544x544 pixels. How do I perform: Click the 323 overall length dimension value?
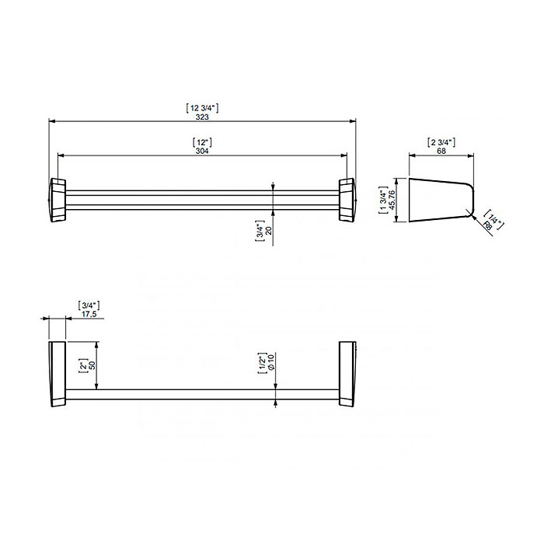tap(202, 117)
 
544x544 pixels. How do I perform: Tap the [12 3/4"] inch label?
tap(202, 108)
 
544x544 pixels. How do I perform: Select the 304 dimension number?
tap(202, 151)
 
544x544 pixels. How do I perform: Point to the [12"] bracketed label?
tap(202, 142)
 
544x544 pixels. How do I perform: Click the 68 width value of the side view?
tap(441, 151)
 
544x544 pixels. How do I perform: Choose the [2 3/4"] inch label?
tap(441, 142)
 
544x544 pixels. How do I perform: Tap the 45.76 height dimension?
tap(392, 200)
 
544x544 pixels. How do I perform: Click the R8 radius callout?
tap(487, 226)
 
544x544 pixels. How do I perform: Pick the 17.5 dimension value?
tap(89, 314)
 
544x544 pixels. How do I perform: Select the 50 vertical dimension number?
tap(92, 365)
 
